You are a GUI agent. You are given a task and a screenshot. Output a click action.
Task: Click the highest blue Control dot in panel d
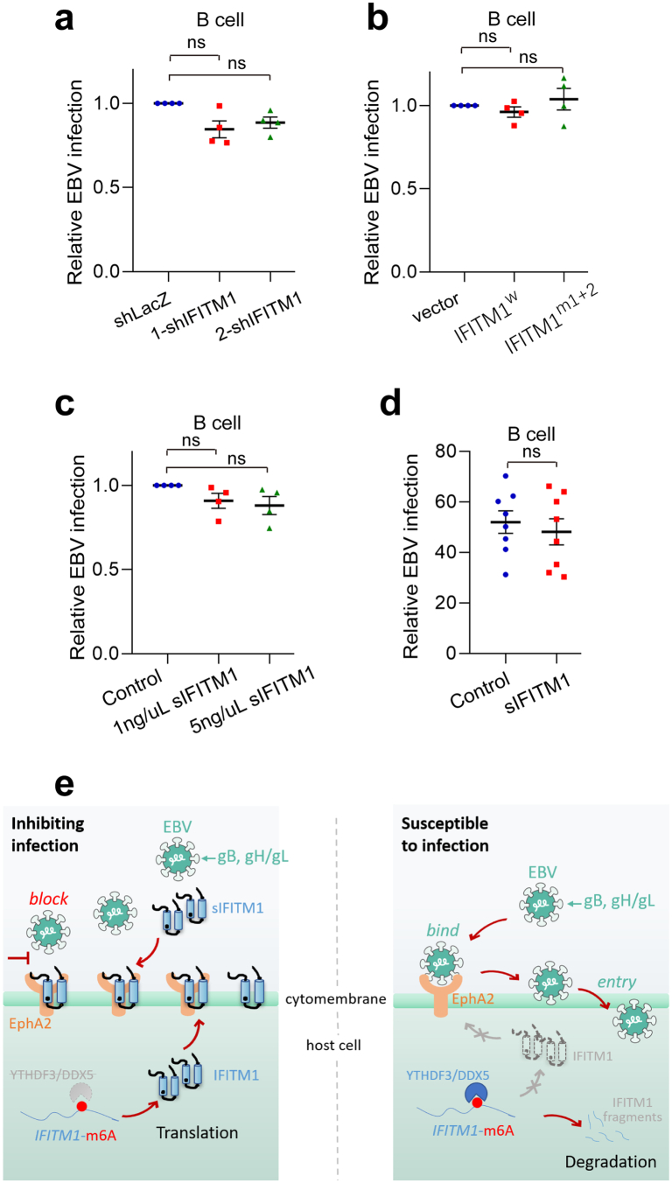coord(506,476)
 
